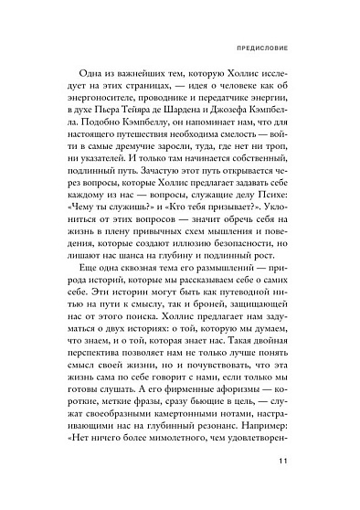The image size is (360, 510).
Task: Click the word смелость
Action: pos(245,159)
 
